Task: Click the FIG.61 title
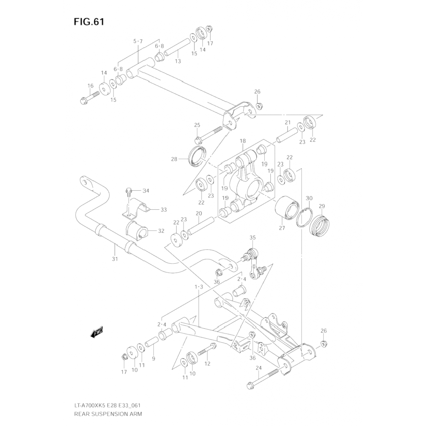click(89, 22)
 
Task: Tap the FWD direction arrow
click(97, 332)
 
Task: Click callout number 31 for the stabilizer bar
click(115, 259)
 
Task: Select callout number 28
click(174, 159)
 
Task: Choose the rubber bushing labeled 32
click(137, 229)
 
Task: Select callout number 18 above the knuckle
click(243, 141)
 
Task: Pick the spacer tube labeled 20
click(201, 225)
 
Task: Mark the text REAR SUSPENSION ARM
click(108, 414)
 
